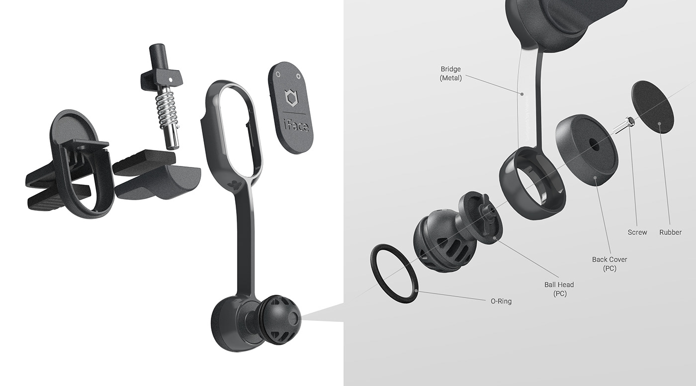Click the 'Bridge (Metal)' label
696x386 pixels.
tap(451, 73)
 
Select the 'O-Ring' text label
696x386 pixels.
tap(501, 301)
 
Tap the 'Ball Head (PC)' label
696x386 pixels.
tap(559, 289)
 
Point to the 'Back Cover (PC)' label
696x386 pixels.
tap(609, 263)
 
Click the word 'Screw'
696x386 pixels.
tap(637, 232)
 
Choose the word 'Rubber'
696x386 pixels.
tap(670, 232)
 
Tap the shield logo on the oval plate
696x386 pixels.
tap(290, 97)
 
